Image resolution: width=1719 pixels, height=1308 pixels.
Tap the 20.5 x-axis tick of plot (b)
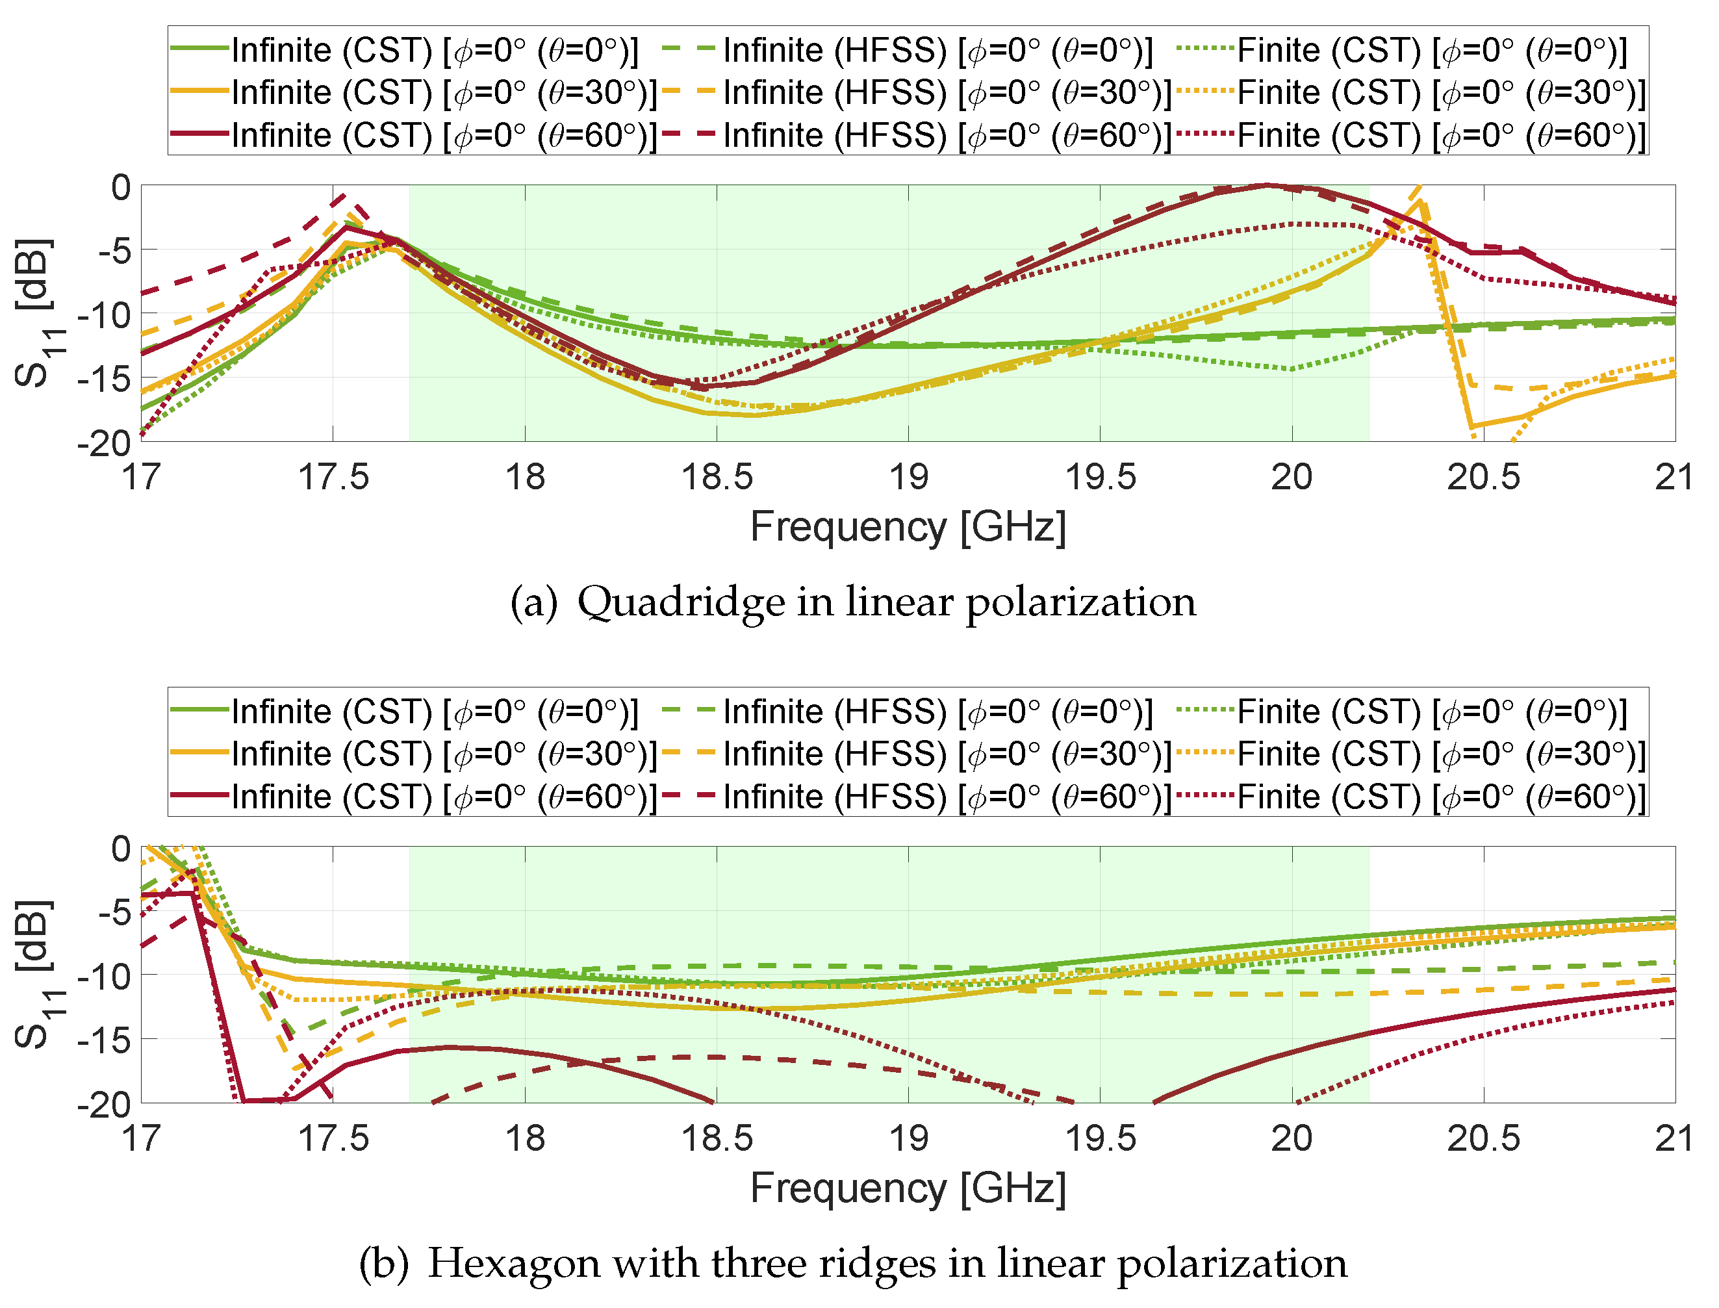(1483, 1138)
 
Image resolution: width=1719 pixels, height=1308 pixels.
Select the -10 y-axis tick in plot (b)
(103, 975)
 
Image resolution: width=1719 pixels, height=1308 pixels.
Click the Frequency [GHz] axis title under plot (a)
(908, 527)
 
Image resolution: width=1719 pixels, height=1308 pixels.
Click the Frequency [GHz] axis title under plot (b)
(908, 1189)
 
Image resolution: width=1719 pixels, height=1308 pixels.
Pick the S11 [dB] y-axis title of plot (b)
(35, 975)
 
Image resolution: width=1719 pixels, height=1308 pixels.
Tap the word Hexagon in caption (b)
(513, 1264)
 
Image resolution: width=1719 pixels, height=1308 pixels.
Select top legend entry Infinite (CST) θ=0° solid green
(405, 51)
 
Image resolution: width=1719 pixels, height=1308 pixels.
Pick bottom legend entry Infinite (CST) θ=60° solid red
(413, 797)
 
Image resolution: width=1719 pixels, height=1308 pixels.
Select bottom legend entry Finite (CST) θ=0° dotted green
(1401, 712)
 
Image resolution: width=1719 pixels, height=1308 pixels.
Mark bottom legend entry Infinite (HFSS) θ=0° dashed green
(907, 712)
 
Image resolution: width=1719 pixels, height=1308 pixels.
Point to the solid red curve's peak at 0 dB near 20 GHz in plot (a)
(1266, 185)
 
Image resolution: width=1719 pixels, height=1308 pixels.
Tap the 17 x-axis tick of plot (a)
(141, 476)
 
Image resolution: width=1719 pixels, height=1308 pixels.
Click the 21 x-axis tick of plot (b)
(1674, 1138)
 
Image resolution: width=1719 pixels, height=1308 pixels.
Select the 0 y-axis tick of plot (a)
(121, 188)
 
